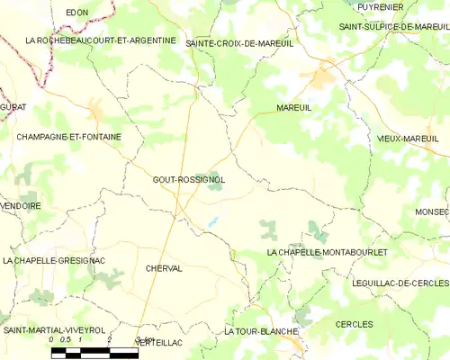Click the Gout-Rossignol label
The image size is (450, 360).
[188, 179]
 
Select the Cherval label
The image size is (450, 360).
[163, 268]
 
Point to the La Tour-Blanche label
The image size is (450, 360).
[261, 331]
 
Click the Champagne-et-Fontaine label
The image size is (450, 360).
[68, 137]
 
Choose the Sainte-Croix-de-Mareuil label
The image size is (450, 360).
[238, 43]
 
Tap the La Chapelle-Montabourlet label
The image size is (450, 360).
[327, 253]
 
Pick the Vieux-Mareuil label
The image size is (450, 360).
[408, 139]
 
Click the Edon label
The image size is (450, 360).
[76, 12]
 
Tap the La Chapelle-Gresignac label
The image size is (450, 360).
[54, 260]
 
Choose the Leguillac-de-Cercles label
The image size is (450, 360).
[400, 283]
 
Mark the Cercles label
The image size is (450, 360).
[354, 323]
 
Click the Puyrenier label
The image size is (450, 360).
[379, 7]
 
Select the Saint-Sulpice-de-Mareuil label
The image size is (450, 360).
[388, 27]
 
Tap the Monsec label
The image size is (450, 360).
[431, 211]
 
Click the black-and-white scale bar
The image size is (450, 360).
[94, 353]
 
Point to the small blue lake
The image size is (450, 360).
[213, 220]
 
